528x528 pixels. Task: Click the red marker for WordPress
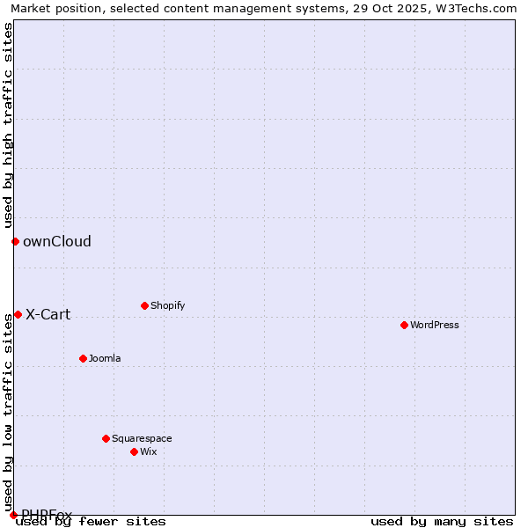point(404,325)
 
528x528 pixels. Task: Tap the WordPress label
point(434,325)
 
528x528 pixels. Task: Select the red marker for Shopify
point(144,305)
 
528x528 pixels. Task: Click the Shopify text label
point(167,305)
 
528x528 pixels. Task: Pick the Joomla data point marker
point(83,358)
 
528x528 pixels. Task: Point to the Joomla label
point(105,358)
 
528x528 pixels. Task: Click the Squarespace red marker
point(106,438)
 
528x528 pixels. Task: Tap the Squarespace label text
point(142,438)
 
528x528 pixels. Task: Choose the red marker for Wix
point(134,451)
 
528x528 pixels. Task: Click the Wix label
point(148,451)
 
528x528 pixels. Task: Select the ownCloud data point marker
point(15,241)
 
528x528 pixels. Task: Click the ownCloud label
point(57,241)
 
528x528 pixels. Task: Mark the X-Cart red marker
point(18,314)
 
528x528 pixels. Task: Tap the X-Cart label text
point(48,314)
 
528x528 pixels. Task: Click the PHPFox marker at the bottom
point(13,515)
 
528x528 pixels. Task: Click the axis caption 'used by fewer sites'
point(91,521)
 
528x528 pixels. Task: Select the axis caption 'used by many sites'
point(442,521)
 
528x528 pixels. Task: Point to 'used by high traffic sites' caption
point(8,125)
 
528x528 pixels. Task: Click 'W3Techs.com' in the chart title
point(480,8)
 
